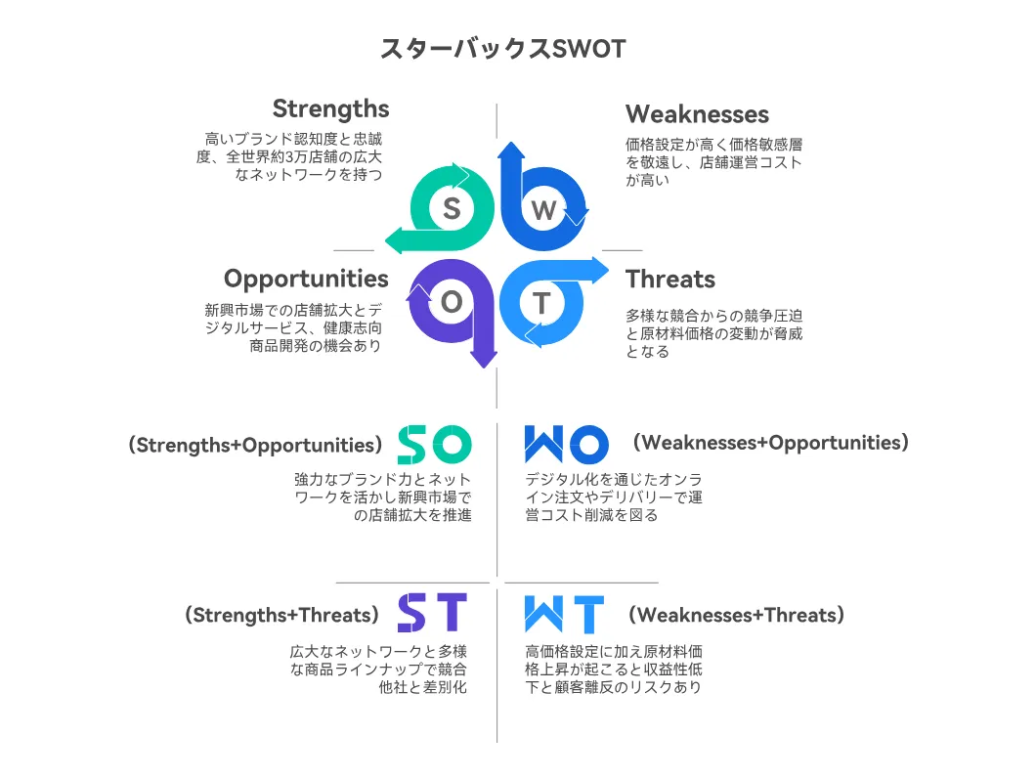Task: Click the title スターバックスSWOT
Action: (x=502, y=49)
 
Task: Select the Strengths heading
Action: (x=330, y=109)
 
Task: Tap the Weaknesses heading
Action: (x=697, y=113)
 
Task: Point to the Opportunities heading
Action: (x=306, y=279)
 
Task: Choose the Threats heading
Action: (x=669, y=279)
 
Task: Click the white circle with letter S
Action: (x=452, y=208)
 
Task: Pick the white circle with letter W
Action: (x=543, y=209)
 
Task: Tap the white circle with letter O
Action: (x=452, y=302)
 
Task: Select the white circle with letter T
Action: (x=541, y=303)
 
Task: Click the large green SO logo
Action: (x=435, y=444)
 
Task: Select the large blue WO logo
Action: (x=566, y=444)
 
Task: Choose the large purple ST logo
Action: (x=432, y=613)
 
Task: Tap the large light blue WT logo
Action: (x=564, y=615)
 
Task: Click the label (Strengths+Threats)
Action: (x=282, y=616)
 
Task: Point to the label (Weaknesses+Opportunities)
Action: (x=771, y=443)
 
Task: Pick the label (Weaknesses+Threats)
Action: (x=736, y=616)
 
